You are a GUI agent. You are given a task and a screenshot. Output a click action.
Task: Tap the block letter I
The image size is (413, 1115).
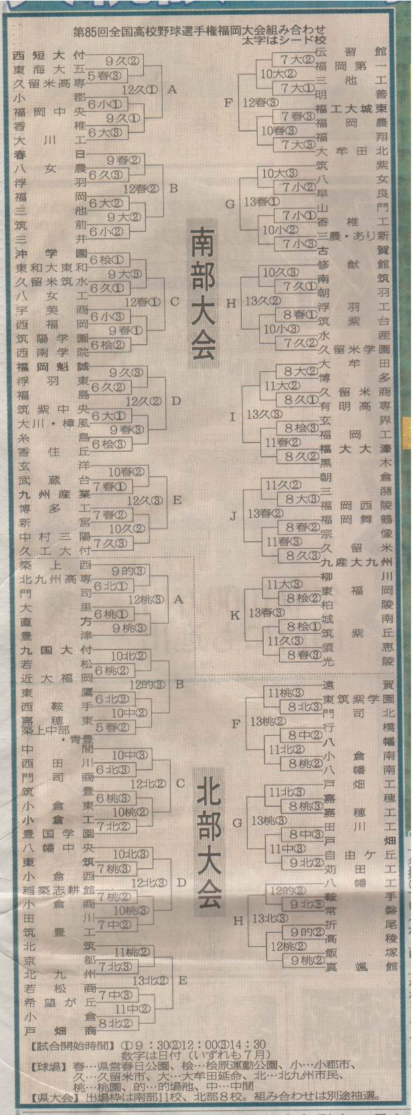tap(233, 417)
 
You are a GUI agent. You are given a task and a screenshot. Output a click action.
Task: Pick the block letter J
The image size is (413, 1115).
tap(233, 515)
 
